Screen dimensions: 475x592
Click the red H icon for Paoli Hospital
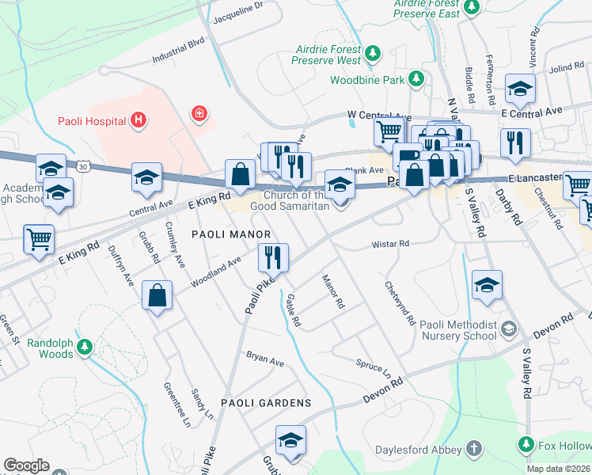pos(139,120)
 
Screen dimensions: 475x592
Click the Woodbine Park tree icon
pos(416,79)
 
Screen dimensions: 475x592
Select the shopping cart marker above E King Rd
pos(39,238)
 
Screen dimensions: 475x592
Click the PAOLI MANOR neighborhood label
pos(231,234)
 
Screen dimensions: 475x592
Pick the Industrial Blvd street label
pos(179,49)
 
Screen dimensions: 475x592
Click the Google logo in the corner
pos(26,465)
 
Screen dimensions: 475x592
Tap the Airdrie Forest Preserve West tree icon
pos(372,54)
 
